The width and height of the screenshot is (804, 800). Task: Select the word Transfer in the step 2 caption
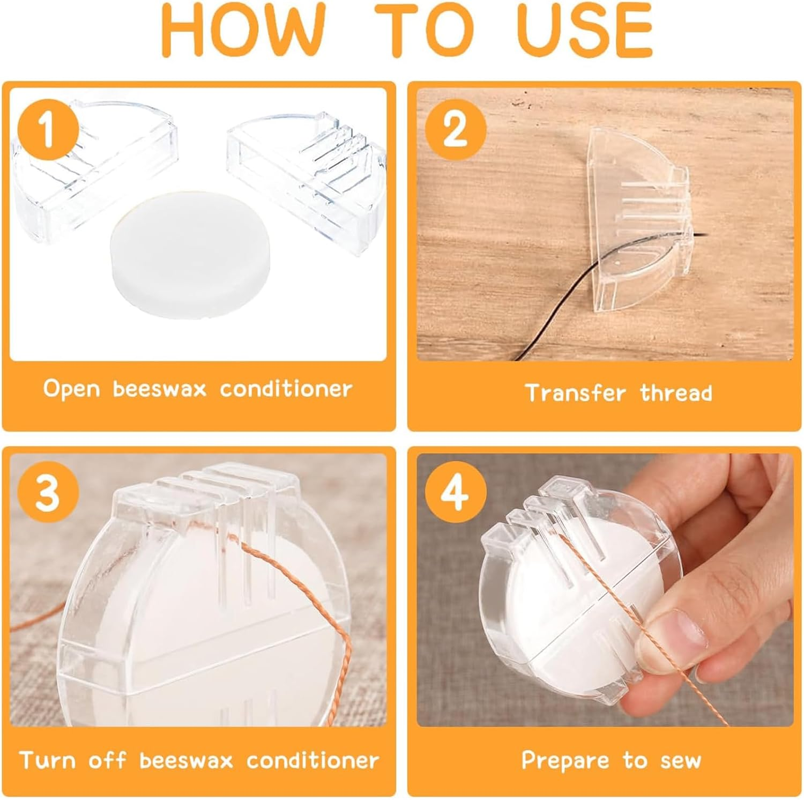pyautogui.click(x=575, y=392)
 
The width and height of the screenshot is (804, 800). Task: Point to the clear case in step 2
pyautogui.click(x=638, y=220)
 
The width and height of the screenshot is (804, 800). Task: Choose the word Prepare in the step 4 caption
pyautogui.click(x=565, y=761)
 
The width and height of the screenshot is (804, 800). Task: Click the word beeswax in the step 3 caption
pyautogui.click(x=187, y=760)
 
